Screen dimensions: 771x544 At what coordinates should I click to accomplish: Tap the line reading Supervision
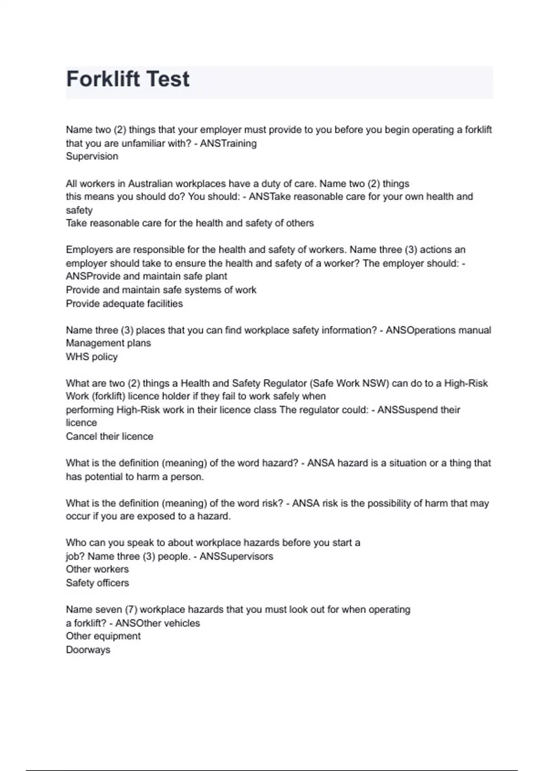point(92,156)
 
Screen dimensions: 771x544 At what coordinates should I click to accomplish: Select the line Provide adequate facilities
point(124,303)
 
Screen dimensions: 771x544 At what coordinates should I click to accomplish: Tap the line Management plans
point(108,343)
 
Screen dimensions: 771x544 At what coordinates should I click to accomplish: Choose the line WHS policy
point(92,357)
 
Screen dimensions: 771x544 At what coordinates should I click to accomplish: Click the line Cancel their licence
point(110,436)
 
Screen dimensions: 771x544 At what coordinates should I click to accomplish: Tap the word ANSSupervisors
point(236,556)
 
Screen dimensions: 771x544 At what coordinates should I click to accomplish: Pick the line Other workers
point(97,569)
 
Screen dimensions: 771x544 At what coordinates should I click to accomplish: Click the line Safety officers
point(97,583)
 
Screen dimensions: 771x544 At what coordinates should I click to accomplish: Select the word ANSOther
point(132,623)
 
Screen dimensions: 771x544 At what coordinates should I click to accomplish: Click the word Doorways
point(88,650)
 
